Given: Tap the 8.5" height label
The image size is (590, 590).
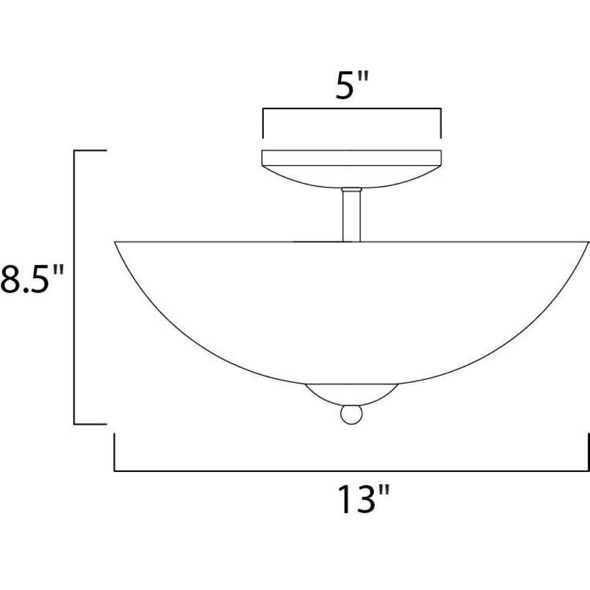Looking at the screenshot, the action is pos(31,279).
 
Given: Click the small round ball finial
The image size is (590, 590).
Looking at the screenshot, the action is pos(352,414).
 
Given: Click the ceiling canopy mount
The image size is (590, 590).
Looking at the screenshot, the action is pos(352,169).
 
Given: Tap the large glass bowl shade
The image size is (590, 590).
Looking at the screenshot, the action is pos(352,312).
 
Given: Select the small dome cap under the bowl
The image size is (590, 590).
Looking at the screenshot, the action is pos(352,394).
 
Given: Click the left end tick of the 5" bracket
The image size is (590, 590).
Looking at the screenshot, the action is pos(263,123).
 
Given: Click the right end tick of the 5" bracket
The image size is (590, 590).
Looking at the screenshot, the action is pos(440,123).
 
